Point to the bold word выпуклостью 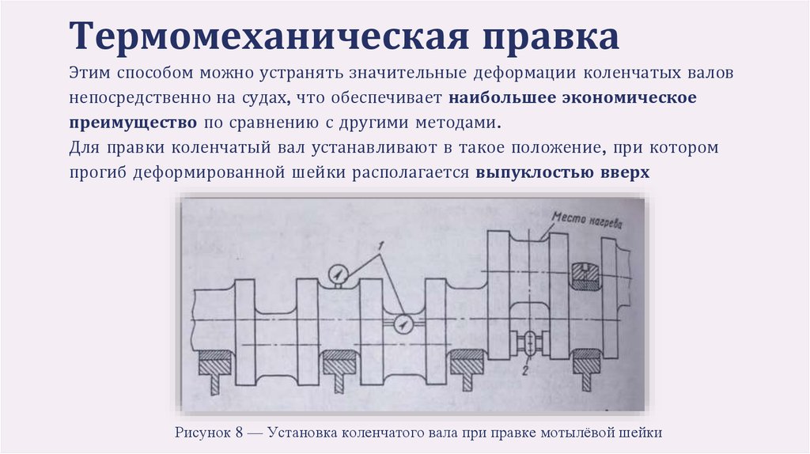pyautogui.click(x=529, y=173)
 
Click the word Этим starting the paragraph pyautogui.click(x=89, y=74)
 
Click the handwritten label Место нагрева pyautogui.click(x=587, y=221)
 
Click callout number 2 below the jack pyautogui.click(x=524, y=369)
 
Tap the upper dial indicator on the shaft pyautogui.click(x=338, y=274)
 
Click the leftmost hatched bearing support pyautogui.click(x=214, y=363)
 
